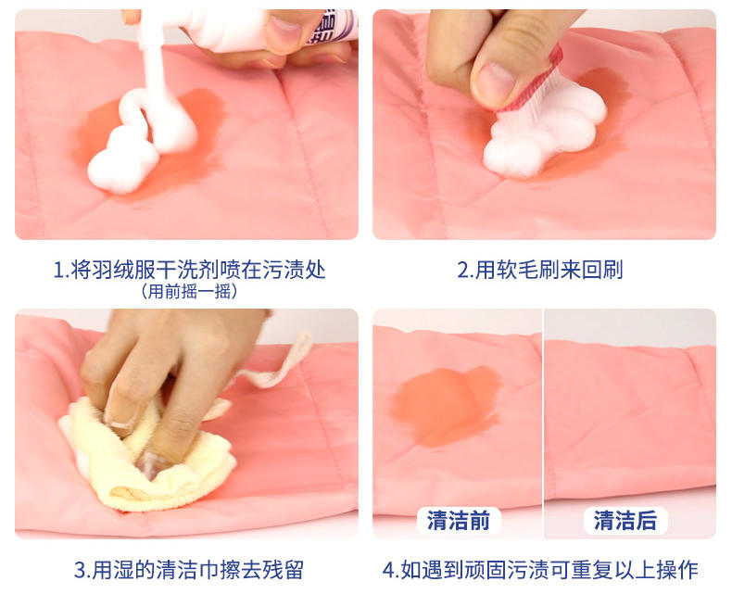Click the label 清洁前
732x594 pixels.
coord(459,520)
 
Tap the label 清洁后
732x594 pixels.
coord(625,520)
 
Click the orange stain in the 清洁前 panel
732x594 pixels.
coord(446,405)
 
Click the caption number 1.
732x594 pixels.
coord(58,270)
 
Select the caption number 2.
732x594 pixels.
coord(463,270)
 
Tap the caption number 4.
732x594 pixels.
coord(388,570)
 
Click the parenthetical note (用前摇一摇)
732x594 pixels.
coord(189,291)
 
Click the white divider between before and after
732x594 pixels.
coord(543,423)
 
